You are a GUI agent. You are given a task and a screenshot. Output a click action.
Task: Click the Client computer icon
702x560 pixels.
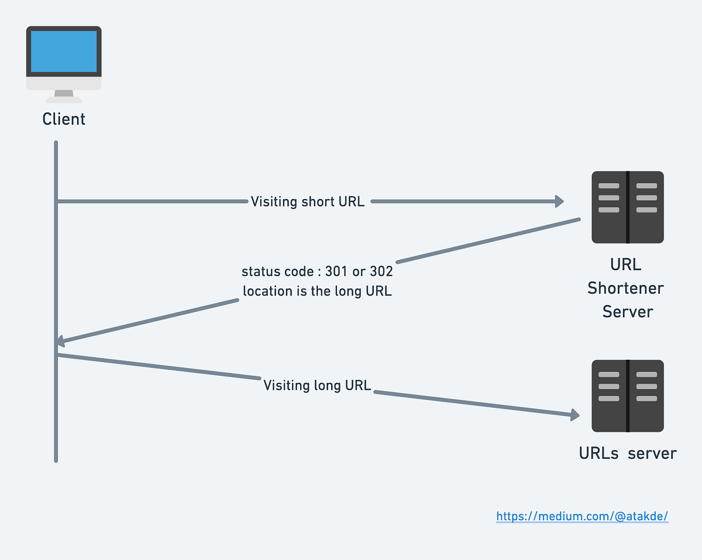click(x=64, y=63)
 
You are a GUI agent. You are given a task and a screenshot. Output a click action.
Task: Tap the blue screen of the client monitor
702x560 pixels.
click(x=64, y=51)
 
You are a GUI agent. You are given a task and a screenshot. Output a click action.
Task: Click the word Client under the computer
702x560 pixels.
click(x=64, y=119)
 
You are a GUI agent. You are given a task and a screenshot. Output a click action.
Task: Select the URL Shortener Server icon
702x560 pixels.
click(x=627, y=207)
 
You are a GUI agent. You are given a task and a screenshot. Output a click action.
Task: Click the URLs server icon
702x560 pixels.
click(x=627, y=396)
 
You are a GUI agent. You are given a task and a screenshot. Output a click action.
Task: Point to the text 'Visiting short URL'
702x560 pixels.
click(x=308, y=202)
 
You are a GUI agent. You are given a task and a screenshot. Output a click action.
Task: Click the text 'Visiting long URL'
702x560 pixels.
click(x=317, y=385)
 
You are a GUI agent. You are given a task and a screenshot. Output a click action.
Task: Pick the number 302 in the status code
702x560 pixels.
click(x=381, y=272)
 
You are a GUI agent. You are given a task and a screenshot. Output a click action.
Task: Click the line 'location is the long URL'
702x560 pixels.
click(x=317, y=291)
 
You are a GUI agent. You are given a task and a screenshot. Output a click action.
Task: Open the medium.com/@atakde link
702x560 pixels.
click(x=582, y=516)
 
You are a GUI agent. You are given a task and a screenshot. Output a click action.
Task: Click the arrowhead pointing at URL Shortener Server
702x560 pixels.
click(x=559, y=201)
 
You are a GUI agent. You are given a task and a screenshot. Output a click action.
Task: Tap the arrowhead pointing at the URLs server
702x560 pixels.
click(x=574, y=415)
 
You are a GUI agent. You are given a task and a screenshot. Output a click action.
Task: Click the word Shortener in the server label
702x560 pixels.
click(x=625, y=288)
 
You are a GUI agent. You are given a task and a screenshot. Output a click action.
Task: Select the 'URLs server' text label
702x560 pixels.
click(x=627, y=453)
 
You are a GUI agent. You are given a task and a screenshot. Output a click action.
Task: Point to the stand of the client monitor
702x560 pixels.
click(x=64, y=95)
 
